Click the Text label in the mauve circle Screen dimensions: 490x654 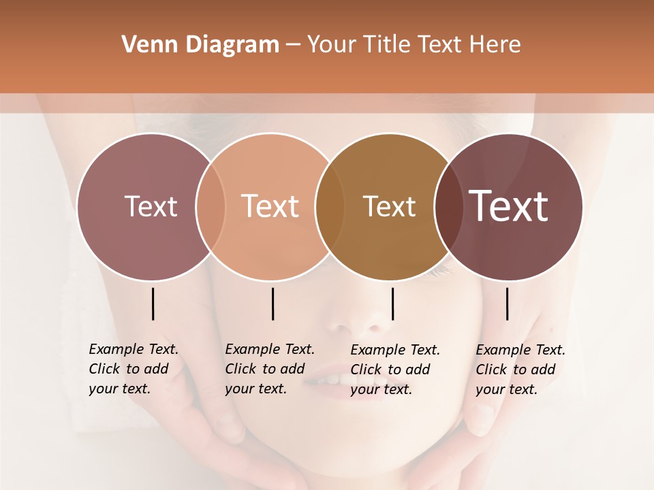(x=151, y=206)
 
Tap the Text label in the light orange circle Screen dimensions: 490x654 (x=270, y=206)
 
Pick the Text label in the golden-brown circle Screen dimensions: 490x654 (x=389, y=206)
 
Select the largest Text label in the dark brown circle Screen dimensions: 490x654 (x=509, y=206)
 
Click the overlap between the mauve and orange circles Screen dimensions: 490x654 (x=211, y=206)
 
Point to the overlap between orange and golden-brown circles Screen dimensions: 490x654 (x=330, y=206)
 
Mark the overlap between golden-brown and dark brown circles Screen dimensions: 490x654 (x=446, y=206)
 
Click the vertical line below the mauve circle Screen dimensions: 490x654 (x=153, y=304)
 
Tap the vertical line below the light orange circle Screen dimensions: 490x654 (x=272, y=304)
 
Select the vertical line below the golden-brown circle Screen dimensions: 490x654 (x=392, y=304)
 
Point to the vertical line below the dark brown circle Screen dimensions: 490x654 (x=507, y=304)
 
